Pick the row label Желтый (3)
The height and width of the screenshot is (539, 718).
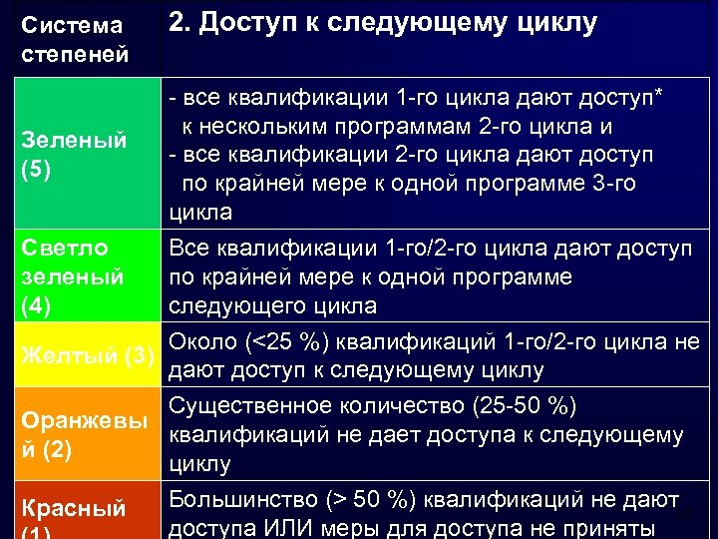click(x=88, y=354)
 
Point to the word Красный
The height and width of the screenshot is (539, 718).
click(x=74, y=509)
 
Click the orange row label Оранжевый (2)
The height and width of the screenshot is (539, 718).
click(x=82, y=435)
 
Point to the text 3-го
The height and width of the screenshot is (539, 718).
click(x=610, y=185)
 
